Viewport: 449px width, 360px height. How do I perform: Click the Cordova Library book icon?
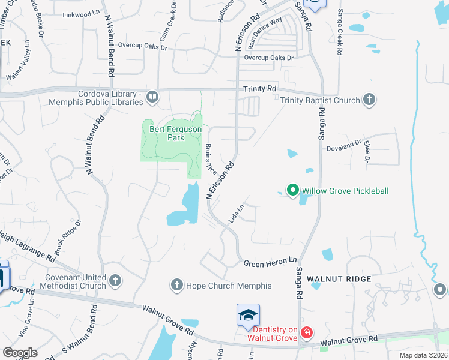152,97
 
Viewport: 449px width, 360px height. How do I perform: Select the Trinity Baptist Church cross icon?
369,100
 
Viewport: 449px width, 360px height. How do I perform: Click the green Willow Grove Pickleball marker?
293,191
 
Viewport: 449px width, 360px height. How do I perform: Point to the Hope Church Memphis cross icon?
176,285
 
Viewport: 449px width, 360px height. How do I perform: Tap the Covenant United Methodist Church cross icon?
115,280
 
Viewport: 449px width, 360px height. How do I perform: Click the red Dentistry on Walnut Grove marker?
306,332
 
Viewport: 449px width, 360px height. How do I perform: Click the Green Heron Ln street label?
270,262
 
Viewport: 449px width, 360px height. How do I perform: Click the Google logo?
20,353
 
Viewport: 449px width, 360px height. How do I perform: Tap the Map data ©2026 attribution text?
424,355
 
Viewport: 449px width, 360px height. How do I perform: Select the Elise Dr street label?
366,152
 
